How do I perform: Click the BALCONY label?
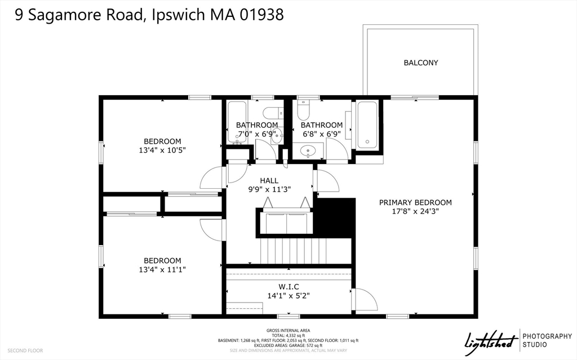click(x=420, y=63)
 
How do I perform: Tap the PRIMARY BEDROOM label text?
click(x=415, y=202)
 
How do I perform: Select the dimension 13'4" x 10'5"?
click(x=162, y=150)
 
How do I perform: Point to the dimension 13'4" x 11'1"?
click(x=162, y=270)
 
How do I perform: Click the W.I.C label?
click(x=288, y=286)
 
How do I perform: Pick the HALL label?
click(x=269, y=180)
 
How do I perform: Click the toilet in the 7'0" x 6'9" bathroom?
click(x=273, y=113)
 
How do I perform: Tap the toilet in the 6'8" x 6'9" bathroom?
click(x=304, y=106)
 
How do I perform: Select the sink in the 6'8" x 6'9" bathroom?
click(x=308, y=150)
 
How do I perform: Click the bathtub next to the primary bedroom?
click(x=367, y=125)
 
